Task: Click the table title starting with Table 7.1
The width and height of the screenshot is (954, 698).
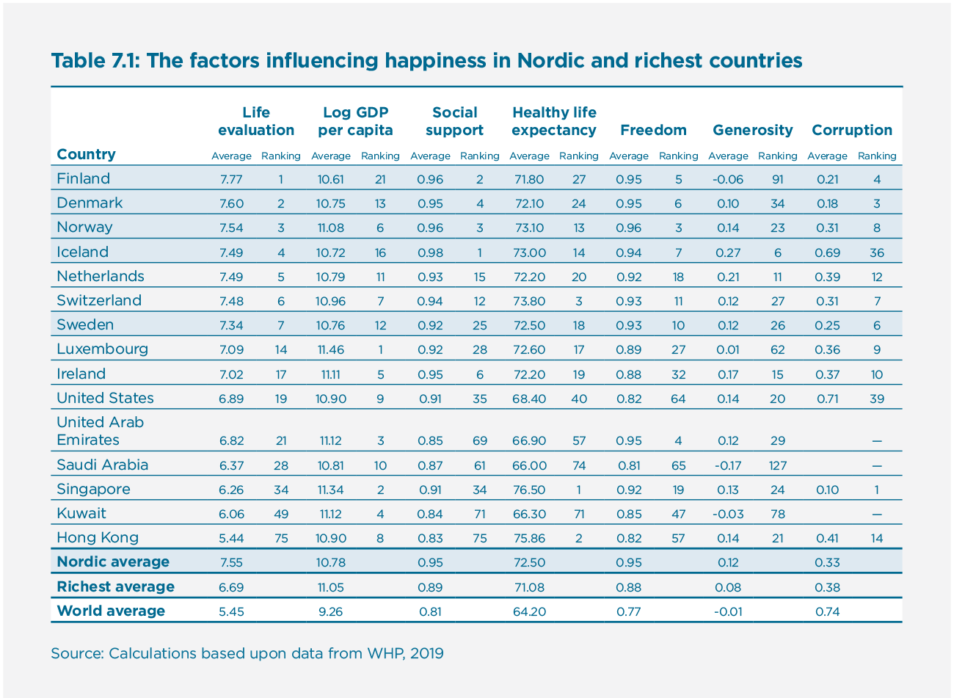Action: [x=426, y=60]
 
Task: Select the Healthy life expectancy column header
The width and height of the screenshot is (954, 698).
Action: [x=554, y=122]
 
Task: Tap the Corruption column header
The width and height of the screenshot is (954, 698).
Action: [x=851, y=131]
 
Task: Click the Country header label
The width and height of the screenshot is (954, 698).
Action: [x=86, y=154]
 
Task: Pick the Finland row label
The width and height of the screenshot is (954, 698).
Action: [x=83, y=178]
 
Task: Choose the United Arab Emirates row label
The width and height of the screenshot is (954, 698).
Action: [x=100, y=432]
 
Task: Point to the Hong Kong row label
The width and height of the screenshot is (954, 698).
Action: [x=98, y=537]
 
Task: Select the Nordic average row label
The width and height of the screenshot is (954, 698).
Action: [x=113, y=562]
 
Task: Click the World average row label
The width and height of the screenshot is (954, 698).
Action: [x=111, y=611]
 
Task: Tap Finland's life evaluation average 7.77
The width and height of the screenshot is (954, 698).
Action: [x=231, y=179]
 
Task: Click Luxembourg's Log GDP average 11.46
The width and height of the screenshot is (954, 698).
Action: [x=330, y=350]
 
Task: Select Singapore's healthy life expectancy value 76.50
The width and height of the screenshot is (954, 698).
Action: [x=528, y=490]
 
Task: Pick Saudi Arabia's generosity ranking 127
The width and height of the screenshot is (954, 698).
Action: [x=777, y=465]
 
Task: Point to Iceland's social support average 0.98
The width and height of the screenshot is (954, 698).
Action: [x=430, y=252]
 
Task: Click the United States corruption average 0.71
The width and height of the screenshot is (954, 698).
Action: [x=827, y=399]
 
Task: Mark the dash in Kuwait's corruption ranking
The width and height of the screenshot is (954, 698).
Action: [x=877, y=515]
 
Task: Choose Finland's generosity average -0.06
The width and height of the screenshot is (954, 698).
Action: [x=728, y=179]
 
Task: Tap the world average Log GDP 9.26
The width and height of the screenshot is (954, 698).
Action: [x=330, y=611]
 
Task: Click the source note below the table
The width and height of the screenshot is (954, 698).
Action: [x=247, y=653]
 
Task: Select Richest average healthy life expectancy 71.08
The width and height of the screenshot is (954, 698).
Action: [x=528, y=587]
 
